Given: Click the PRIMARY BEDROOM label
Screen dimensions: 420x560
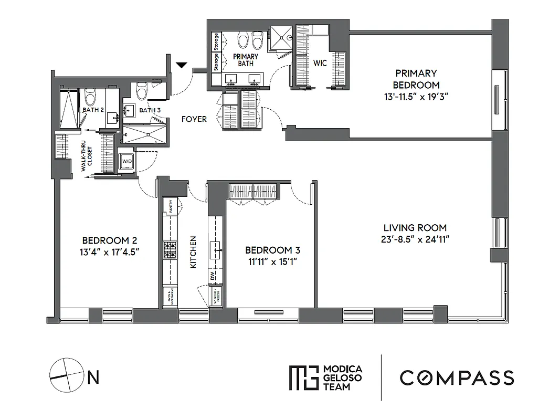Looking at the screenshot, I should (x=416, y=79).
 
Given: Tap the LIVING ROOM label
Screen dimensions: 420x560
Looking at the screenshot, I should (x=415, y=228).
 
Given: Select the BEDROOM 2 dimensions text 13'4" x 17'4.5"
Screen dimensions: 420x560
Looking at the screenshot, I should (x=110, y=252).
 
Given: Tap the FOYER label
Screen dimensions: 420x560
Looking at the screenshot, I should (x=194, y=119).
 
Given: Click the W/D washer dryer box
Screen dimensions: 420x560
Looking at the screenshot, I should (x=127, y=161).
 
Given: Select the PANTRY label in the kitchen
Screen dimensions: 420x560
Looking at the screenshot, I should (x=171, y=206).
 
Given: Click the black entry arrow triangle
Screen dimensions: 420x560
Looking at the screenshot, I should (x=181, y=66).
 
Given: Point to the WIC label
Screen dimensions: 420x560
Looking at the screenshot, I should (x=320, y=63).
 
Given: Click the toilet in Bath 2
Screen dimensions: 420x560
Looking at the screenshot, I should (x=90, y=97).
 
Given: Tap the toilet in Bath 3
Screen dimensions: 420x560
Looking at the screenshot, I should (x=141, y=91).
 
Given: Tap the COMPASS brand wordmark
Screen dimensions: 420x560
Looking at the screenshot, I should (x=457, y=377).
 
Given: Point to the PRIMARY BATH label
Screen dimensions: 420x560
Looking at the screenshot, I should (x=246, y=60).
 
